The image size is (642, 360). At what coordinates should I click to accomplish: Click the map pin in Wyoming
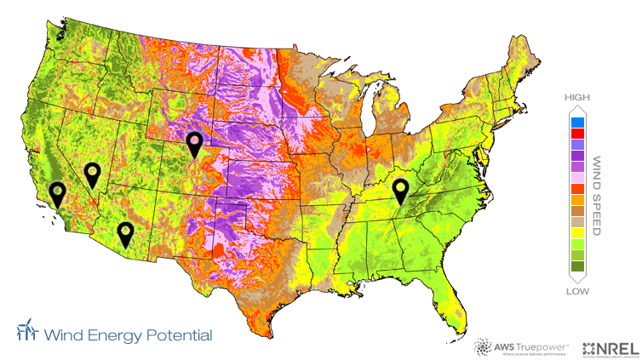point(195,143)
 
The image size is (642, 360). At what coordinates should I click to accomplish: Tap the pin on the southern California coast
point(57,192)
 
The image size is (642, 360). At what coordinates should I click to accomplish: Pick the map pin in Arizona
point(125,232)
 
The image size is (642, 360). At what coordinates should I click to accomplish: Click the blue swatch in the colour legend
point(578,123)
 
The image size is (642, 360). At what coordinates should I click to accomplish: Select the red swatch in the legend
point(578,134)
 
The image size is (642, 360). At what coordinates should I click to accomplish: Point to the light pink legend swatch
point(578,177)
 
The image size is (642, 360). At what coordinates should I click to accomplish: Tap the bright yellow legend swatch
point(578,232)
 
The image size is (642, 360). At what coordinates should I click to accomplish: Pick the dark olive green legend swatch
point(578,266)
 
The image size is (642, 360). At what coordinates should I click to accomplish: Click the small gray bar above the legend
point(577,98)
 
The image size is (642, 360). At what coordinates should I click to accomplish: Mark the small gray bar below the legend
point(577,291)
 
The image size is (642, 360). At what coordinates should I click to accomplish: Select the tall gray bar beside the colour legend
point(597,195)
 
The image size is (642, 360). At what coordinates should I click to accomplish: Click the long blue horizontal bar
point(127,336)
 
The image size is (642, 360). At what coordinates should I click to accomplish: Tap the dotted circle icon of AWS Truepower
point(483,347)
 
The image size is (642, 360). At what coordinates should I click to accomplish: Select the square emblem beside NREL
point(590,348)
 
